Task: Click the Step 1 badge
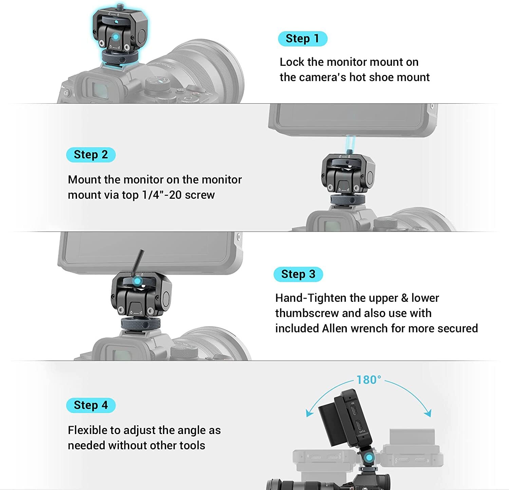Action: [302, 39]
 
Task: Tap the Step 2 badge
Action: [91, 155]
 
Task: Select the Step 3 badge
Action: [298, 274]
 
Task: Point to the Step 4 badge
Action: [91, 405]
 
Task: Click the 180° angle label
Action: [369, 380]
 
